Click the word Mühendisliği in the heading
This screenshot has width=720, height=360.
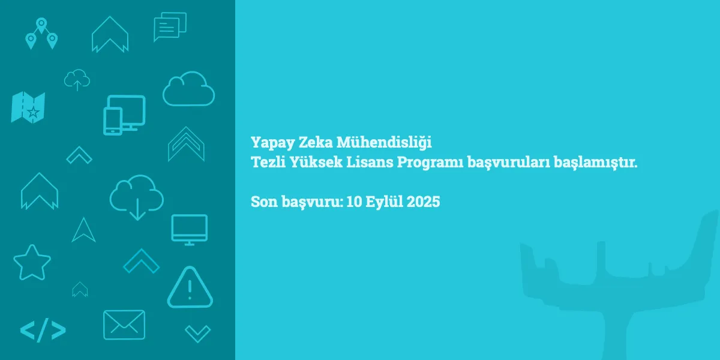[x=384, y=143]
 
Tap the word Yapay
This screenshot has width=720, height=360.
[x=272, y=143]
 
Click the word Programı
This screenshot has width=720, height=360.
[x=430, y=163]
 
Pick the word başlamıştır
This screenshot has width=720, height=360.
[x=596, y=163]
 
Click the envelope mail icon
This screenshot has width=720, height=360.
[x=124, y=325]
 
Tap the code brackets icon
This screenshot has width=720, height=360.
[x=43, y=330]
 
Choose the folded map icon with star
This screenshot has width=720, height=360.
[x=28, y=107]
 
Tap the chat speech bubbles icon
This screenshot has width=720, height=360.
[x=170, y=26]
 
